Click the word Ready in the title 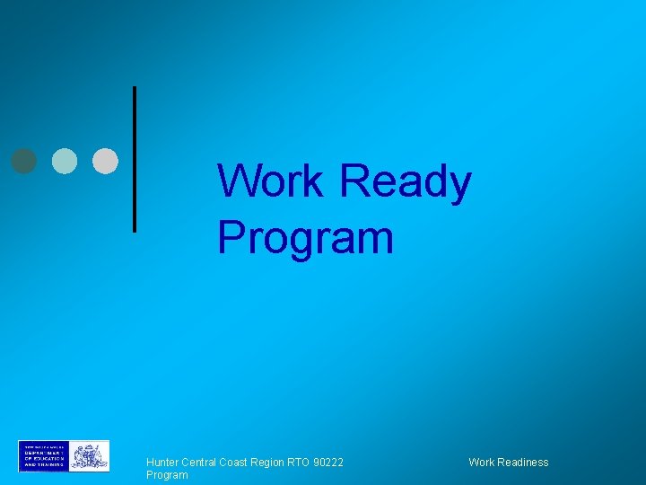click(x=406, y=183)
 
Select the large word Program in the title click(x=305, y=239)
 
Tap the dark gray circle click(x=24, y=160)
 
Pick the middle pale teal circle click(x=65, y=160)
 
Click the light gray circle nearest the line click(x=106, y=160)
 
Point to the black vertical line click(x=135, y=159)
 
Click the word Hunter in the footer click(x=163, y=463)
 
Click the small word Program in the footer click(x=167, y=475)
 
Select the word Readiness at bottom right click(x=522, y=463)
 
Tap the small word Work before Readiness click(x=481, y=463)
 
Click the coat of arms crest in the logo click(x=90, y=456)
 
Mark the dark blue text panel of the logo click(x=42, y=456)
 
